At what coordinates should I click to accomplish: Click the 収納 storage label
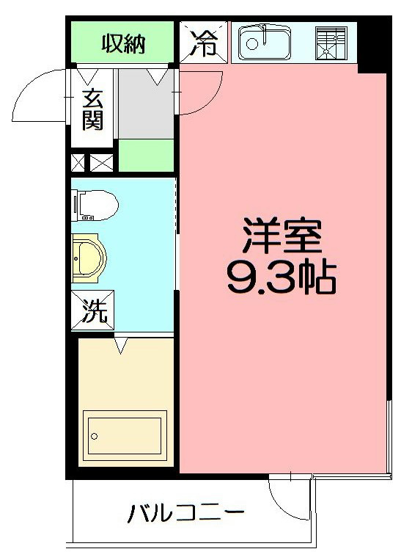122,45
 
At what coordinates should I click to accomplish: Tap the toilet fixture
95,205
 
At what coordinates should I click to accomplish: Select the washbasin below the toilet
89,258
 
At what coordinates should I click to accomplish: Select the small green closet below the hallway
146,156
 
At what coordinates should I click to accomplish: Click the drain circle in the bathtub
95,436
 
